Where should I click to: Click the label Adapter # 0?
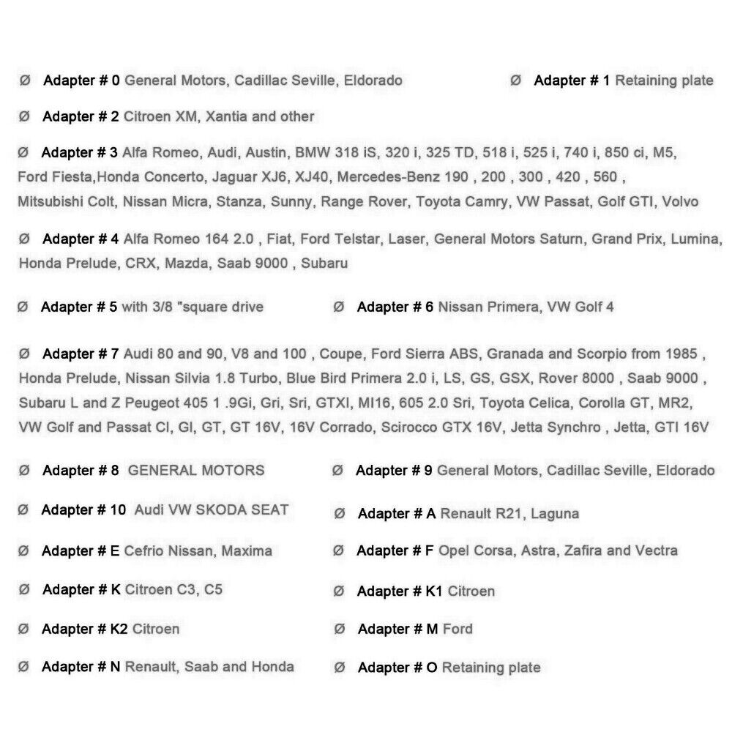coord(81,81)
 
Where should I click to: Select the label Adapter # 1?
coord(571,81)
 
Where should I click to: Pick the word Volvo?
coord(680,201)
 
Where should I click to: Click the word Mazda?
coord(188,263)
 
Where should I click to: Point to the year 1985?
coord(681,354)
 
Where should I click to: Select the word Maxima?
coord(247,550)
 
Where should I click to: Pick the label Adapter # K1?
coord(399,591)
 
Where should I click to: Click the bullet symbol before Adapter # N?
coord(23,667)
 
